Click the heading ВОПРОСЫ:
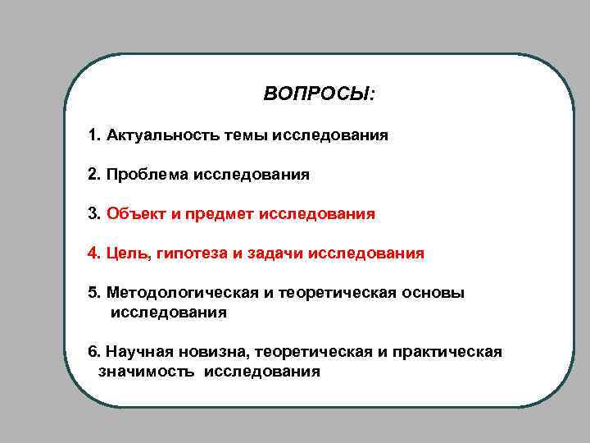tap(320, 94)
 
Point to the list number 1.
tap(93, 135)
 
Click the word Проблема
tap(147, 174)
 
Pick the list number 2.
tap(93, 174)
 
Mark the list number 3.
tap(93, 214)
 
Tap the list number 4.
tap(93, 253)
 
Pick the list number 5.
tap(93, 294)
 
